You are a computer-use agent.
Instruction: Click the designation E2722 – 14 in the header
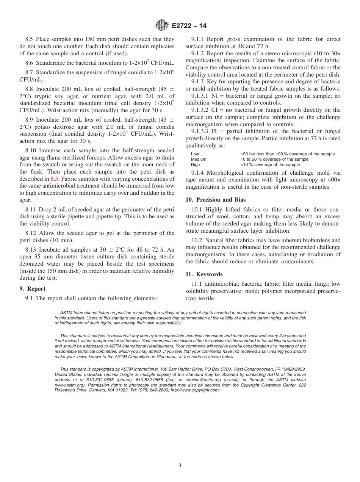[x=189, y=26]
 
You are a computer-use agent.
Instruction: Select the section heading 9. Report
[x=33, y=289]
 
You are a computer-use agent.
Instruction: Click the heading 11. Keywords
[x=204, y=274]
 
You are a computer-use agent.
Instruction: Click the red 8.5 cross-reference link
[x=54, y=178]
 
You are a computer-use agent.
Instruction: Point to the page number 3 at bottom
[x=180, y=466]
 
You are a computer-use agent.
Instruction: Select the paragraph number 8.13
[x=31, y=249]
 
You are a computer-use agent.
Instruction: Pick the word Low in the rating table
[x=195, y=154]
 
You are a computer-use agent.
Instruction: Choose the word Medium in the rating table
[x=199, y=160]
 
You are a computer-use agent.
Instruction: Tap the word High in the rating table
[x=195, y=165]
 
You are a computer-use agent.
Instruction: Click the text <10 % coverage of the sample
[x=270, y=165]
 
